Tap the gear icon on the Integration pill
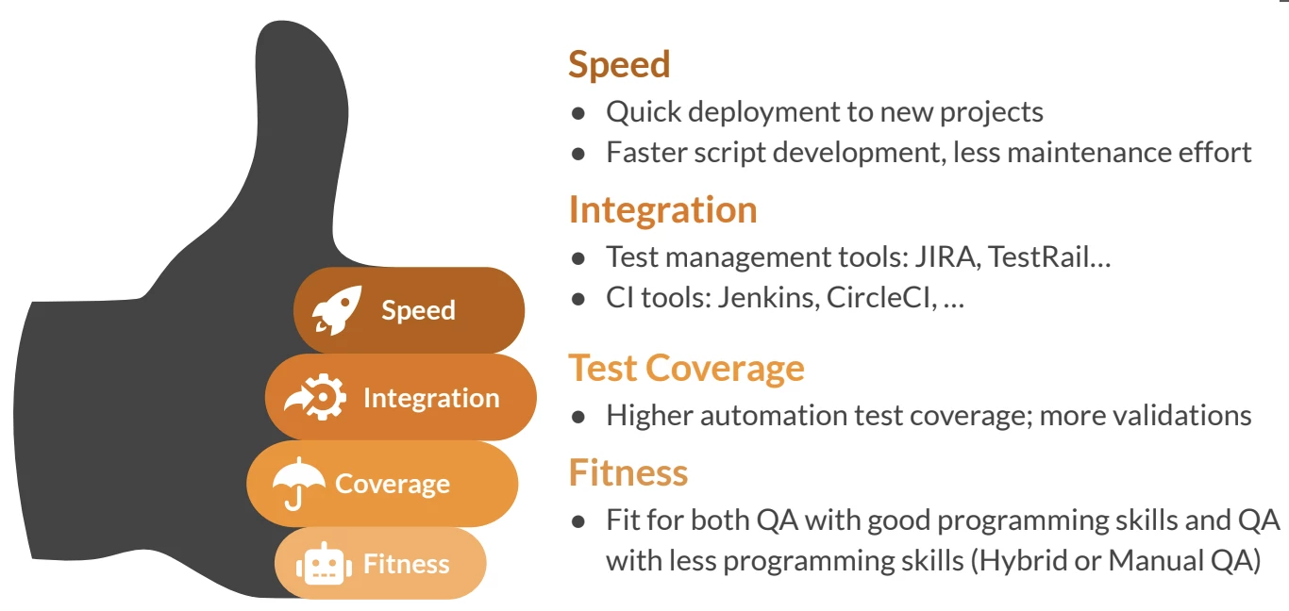[316, 397]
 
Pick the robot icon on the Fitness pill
[324, 564]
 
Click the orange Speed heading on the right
[619, 64]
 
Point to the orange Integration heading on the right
[663, 210]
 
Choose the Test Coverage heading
[687, 368]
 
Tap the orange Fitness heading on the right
[628, 472]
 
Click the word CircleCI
[881, 298]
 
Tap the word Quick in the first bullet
[644, 112]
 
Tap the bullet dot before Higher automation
[578, 417]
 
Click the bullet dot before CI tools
[578, 299]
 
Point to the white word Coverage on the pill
[393, 484]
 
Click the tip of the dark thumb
[282, 22]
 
